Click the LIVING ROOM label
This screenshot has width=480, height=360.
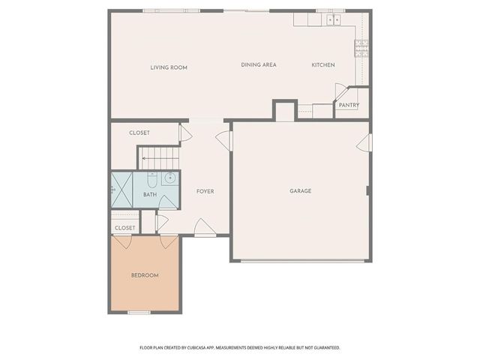(x=169, y=67)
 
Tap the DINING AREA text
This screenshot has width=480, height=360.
(x=259, y=65)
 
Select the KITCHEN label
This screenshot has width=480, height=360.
(x=323, y=65)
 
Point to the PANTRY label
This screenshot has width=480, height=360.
(x=349, y=105)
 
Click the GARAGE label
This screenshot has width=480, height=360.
(x=301, y=191)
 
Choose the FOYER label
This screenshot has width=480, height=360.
(x=205, y=191)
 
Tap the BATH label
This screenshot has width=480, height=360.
(x=150, y=195)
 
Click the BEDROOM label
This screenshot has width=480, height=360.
(x=145, y=275)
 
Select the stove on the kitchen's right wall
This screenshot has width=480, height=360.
(x=361, y=48)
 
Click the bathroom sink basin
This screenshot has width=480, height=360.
(x=169, y=178)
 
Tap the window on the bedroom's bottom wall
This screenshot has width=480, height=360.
(x=139, y=312)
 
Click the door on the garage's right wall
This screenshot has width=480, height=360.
(x=366, y=142)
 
